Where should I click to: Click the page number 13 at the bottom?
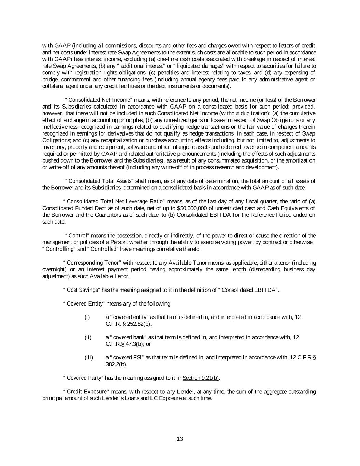[x=180, y=439]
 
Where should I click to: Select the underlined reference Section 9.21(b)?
[x=201, y=378]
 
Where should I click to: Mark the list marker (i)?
[x=87, y=317]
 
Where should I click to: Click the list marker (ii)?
[x=88, y=337]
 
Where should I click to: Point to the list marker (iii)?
[x=89, y=358]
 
